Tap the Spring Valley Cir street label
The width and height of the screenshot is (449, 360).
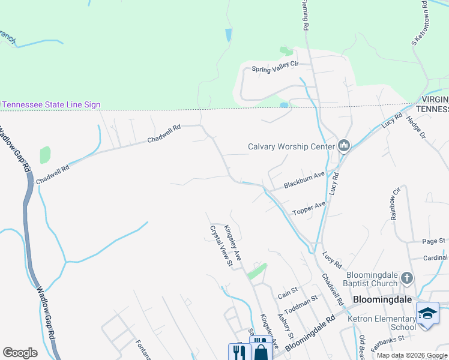275,69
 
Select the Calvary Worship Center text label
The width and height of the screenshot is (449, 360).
292,146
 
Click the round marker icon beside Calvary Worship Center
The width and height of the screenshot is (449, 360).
344,146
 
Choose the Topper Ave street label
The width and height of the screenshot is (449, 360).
309,208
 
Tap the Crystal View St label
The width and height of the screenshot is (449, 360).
220,245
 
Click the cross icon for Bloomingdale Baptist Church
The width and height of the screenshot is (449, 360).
407,278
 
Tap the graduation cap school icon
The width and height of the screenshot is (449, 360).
427,314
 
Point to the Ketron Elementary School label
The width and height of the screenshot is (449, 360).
382,323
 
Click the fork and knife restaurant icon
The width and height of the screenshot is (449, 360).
237,352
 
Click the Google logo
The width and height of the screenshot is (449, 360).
20,353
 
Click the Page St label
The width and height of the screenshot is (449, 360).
433,241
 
